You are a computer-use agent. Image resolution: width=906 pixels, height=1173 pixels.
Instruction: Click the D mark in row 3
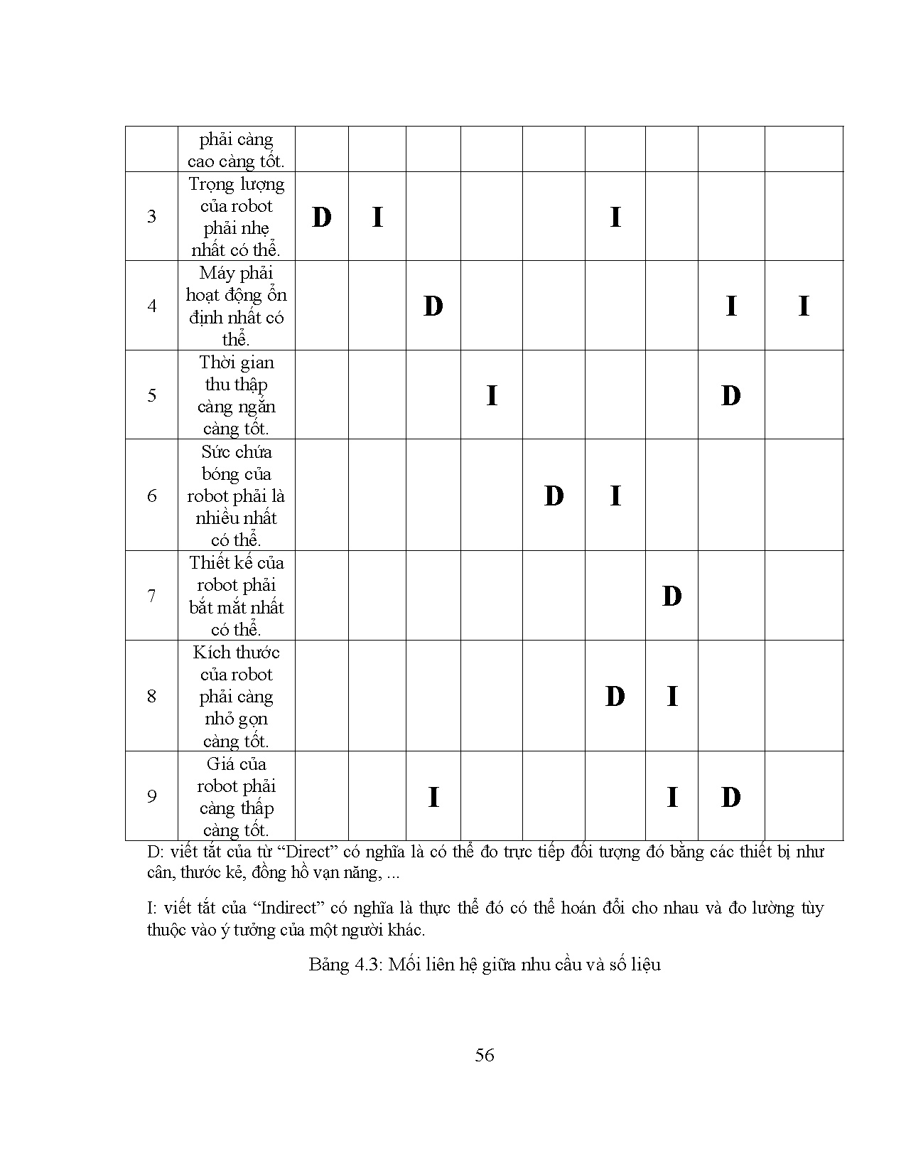tap(321, 217)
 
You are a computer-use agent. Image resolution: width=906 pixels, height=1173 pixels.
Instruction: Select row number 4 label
tap(151, 306)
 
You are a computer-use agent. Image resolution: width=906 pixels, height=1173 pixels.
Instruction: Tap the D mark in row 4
tap(433, 306)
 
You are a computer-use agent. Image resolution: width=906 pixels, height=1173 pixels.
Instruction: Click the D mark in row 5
tap(730, 395)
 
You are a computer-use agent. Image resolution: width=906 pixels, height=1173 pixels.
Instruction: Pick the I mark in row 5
tap(491, 395)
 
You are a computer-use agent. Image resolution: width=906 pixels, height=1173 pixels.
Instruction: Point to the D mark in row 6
tap(554, 496)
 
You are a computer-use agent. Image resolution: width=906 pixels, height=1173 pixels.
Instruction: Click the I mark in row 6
tap(615, 496)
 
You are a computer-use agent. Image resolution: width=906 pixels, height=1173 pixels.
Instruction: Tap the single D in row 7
tap(672, 596)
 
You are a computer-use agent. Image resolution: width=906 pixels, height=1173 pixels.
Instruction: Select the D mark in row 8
tap(615, 696)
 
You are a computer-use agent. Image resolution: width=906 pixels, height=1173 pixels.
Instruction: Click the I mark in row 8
tap(672, 696)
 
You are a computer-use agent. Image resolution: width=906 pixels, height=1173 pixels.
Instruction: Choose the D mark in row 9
tap(730, 797)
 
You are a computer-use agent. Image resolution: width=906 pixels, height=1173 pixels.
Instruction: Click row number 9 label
tap(151, 796)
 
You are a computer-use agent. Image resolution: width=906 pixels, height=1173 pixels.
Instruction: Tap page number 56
tap(485, 1055)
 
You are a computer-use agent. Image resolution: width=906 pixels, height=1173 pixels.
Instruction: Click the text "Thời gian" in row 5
tap(237, 363)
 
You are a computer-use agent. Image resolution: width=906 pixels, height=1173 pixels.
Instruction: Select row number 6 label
tap(151, 496)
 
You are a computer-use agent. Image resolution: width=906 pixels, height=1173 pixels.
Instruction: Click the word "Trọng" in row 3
tap(211, 184)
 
